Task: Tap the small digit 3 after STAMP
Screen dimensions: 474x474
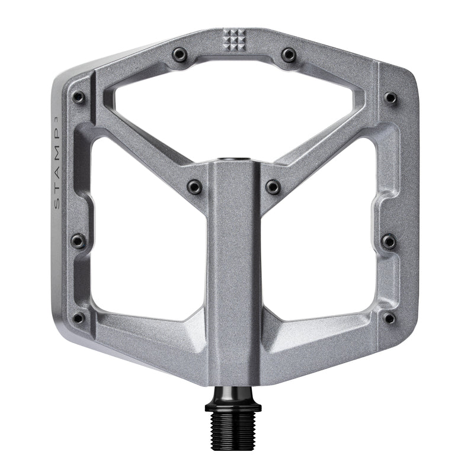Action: pyautogui.click(x=57, y=117)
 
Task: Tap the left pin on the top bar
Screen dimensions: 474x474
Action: pyautogui.click(x=180, y=55)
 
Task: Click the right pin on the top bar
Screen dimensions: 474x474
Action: pyautogui.click(x=289, y=55)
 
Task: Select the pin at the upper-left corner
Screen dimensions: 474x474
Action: pyautogui.click(x=78, y=97)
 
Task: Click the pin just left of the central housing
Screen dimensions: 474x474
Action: pyautogui.click(x=194, y=187)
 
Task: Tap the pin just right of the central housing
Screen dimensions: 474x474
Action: pyautogui.click(x=273, y=187)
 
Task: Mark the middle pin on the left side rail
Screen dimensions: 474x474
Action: pyautogui.click(x=78, y=241)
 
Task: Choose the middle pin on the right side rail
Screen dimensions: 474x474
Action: pyautogui.click(x=389, y=241)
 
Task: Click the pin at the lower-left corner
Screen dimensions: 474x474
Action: pyautogui.click(x=78, y=318)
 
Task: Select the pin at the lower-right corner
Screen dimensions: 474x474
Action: pyautogui.click(x=389, y=318)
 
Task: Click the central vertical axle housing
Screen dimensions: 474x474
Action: pyautogui.click(x=235, y=267)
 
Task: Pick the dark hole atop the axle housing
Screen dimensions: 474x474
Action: pyautogui.click(x=235, y=160)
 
